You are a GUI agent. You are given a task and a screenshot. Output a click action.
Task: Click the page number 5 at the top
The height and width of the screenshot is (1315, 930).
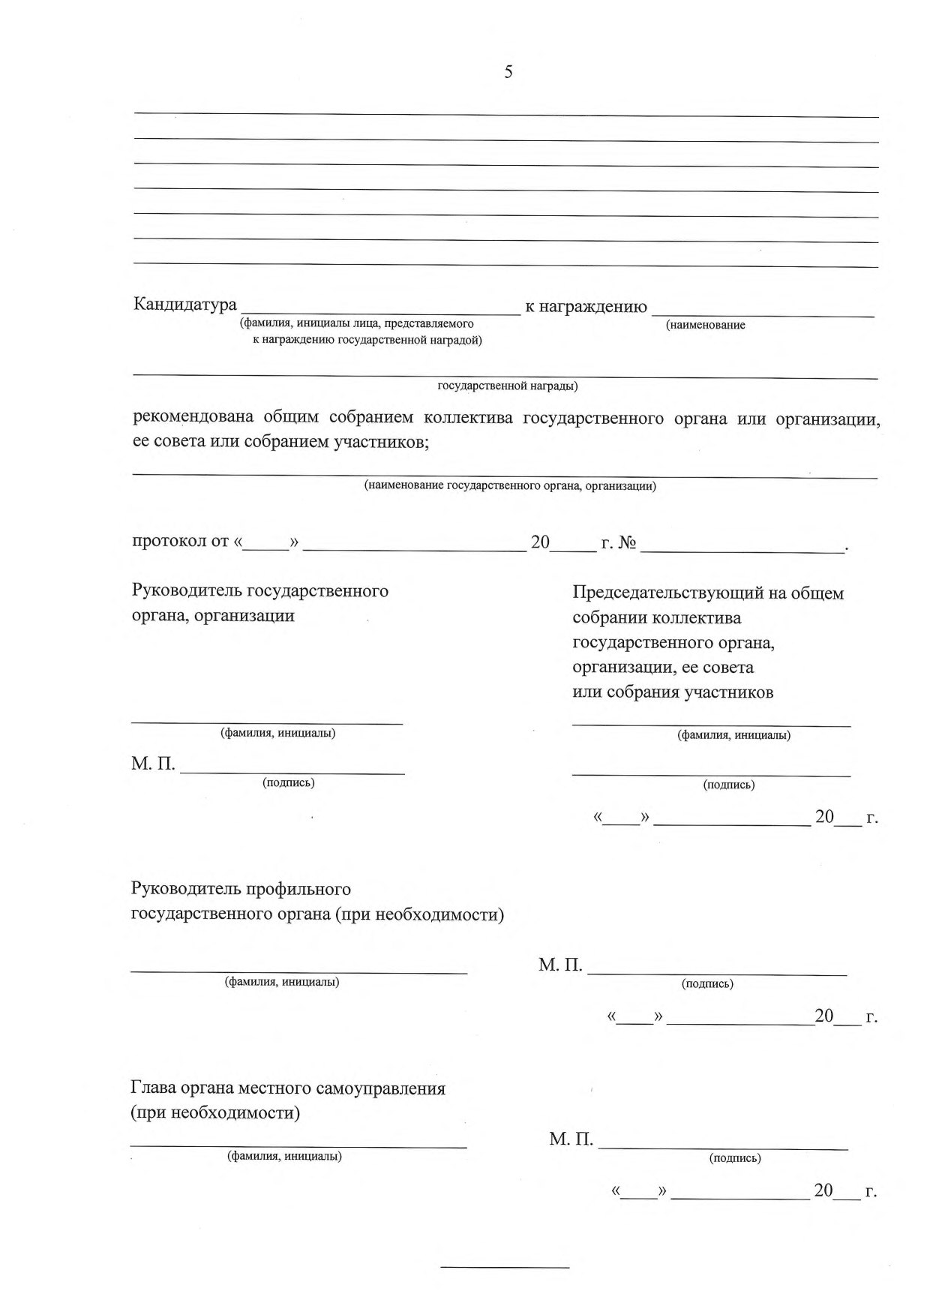[508, 73]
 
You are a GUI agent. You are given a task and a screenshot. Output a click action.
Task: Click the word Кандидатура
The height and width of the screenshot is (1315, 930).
[184, 305]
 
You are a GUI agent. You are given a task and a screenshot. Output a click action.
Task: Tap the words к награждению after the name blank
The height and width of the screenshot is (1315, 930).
[586, 306]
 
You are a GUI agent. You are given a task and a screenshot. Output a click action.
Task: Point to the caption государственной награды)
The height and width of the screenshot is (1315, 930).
[507, 386]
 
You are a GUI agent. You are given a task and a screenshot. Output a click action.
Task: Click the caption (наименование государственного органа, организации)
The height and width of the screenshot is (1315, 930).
[510, 486]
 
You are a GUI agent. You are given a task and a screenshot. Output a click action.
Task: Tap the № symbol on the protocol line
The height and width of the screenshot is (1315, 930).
[627, 542]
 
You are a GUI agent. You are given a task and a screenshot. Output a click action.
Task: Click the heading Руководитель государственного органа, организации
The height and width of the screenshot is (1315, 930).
[259, 603]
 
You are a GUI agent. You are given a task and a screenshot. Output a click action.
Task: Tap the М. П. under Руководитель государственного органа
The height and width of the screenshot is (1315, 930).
[153, 764]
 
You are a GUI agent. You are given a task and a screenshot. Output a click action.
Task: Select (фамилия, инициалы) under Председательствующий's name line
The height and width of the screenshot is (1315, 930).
[733, 735]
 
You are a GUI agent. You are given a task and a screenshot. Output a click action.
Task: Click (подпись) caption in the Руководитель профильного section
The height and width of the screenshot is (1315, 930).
[706, 983]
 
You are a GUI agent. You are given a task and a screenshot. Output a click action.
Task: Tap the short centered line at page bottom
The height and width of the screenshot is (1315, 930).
[505, 1268]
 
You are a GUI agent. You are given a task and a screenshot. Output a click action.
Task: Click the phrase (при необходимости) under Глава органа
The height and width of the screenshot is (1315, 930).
[215, 1112]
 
